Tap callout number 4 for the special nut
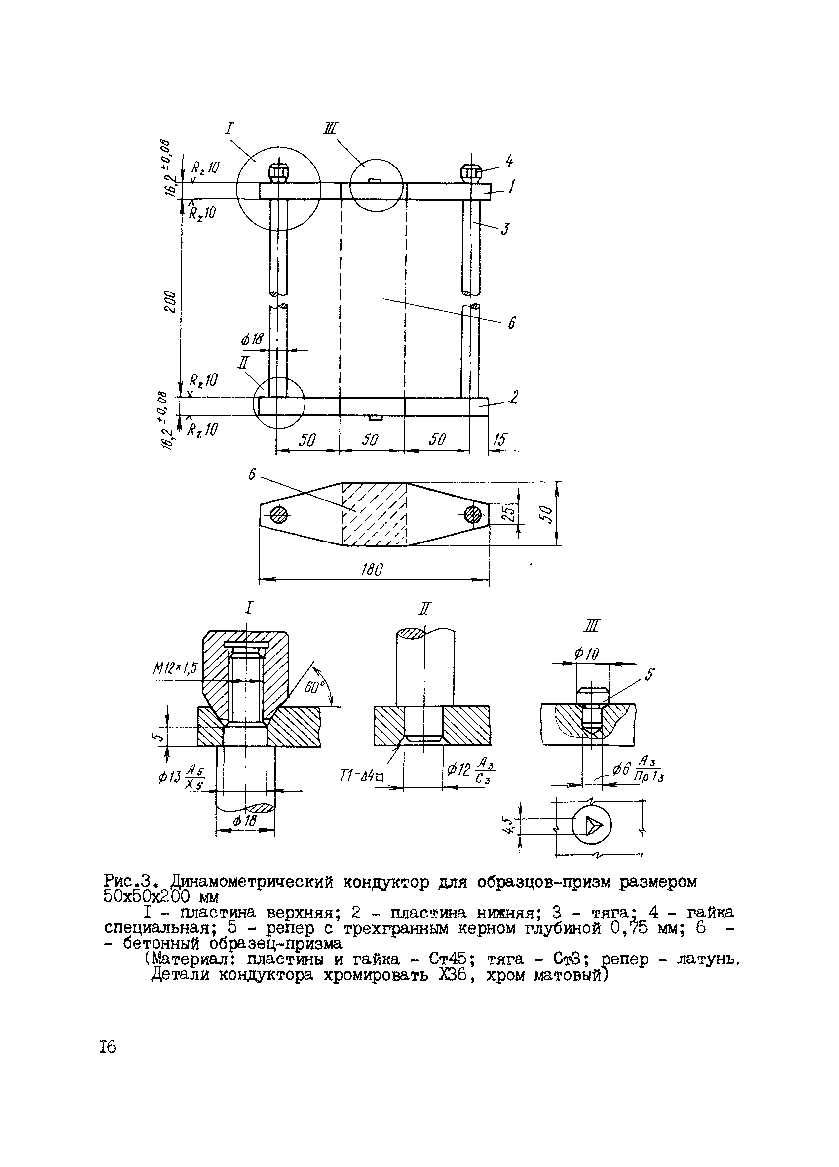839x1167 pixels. coord(508,162)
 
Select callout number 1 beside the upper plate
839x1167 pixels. coord(511,187)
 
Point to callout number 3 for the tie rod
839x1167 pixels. coord(506,227)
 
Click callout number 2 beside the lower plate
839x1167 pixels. coord(514,397)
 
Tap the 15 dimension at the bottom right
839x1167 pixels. coord(499,439)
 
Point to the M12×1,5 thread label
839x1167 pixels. coord(175,668)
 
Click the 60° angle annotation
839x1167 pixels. coord(315,687)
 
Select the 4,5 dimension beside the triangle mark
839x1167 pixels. coord(509,826)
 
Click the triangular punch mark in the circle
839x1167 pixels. coord(592,826)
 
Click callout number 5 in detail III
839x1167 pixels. coord(649,674)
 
